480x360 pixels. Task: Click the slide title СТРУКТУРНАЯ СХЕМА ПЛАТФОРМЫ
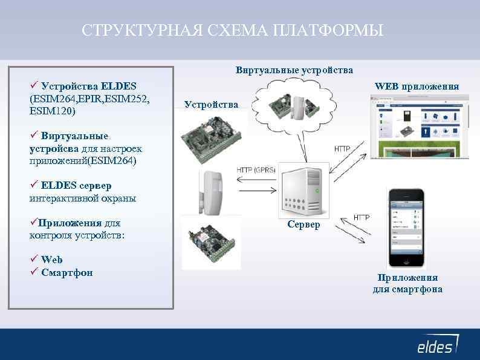233,30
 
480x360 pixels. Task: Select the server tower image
303,189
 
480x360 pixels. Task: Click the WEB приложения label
417,87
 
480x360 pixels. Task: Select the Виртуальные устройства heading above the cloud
294,70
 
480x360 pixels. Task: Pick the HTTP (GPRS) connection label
256,169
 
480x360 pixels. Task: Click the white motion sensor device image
211,192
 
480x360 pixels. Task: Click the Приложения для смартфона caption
407,283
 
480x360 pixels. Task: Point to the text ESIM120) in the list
52,111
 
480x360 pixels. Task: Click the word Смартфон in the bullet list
67,272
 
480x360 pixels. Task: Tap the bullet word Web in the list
52,260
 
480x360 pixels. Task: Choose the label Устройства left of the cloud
211,105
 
